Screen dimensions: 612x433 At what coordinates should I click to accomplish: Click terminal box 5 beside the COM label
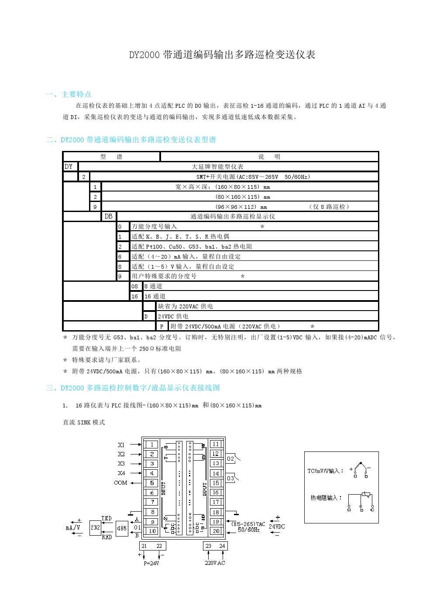tap(151, 483)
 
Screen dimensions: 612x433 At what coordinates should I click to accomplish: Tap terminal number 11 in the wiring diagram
tap(216, 444)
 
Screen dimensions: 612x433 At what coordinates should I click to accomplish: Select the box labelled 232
tap(95, 527)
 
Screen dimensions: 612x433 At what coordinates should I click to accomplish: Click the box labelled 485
tap(121, 528)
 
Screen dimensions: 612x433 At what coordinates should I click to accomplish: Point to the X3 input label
tap(121, 464)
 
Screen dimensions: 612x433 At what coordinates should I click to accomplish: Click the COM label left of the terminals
tap(120, 483)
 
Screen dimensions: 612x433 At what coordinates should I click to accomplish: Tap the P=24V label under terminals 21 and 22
tap(151, 563)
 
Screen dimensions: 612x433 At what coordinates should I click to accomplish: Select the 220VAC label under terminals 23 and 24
tap(215, 563)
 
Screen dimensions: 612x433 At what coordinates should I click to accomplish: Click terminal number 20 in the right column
tap(216, 531)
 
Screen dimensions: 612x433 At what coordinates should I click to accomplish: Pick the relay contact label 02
tap(230, 458)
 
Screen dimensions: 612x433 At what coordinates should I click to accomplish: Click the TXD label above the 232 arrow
tap(107, 518)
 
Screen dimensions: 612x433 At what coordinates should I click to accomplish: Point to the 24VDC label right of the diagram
tap(277, 527)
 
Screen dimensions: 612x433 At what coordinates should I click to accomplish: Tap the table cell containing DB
tap(108, 216)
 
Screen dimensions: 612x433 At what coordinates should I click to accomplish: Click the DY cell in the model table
tap(69, 167)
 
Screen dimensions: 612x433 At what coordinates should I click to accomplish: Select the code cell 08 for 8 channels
tap(134, 287)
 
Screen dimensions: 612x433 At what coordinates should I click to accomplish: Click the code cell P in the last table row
tap(162, 326)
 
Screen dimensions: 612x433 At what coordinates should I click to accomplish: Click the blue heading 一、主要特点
tap(69, 94)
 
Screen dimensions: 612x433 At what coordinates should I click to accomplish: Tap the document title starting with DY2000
tap(222, 55)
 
